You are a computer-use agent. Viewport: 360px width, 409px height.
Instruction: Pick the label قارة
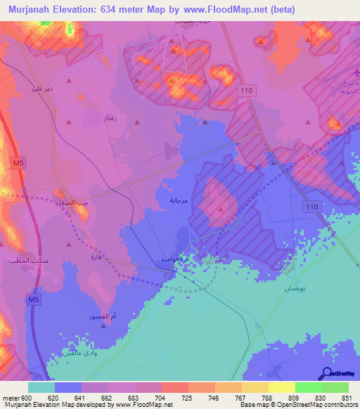click(x=96, y=257)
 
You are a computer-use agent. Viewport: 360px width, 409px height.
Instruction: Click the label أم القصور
click(x=99, y=316)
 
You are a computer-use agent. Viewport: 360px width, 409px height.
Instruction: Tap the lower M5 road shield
click(x=34, y=299)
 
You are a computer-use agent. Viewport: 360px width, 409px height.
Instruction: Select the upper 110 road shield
click(x=245, y=91)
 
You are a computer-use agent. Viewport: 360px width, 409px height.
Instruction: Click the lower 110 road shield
click(x=312, y=206)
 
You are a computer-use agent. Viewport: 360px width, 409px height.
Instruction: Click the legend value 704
click(x=161, y=398)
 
